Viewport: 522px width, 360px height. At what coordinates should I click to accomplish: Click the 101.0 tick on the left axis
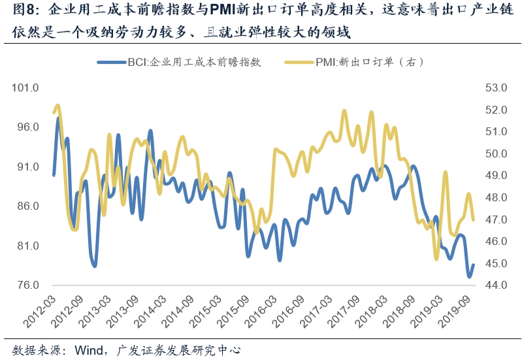[27, 88]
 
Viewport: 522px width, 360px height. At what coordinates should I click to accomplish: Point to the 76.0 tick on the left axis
[27, 286]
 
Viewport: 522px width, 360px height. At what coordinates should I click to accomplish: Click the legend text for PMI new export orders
[370, 63]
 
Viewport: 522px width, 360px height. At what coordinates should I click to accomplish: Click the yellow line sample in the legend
[299, 63]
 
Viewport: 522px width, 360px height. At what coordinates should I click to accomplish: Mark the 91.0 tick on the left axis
[27, 167]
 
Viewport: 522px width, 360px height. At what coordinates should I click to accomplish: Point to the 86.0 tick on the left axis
[27, 206]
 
